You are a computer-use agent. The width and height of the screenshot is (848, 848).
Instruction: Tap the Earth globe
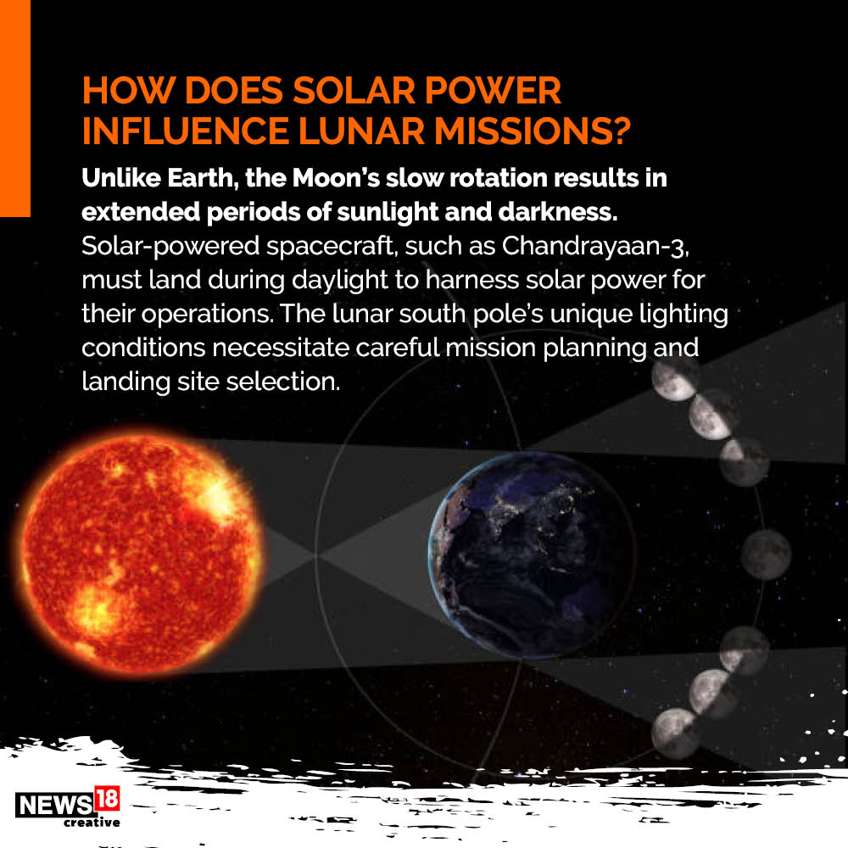point(532,555)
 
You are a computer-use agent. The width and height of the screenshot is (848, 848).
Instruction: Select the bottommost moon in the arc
point(675,733)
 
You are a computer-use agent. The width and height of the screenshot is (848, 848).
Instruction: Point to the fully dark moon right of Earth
point(766,555)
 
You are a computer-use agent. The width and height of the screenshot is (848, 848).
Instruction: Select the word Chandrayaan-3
point(595,247)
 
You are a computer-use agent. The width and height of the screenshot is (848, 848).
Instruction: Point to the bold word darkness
point(558,211)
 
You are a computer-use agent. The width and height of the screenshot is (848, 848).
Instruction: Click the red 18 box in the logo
point(107,799)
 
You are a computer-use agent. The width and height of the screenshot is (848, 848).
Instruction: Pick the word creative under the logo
point(92,822)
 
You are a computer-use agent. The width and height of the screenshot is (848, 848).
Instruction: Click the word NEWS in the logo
point(54,805)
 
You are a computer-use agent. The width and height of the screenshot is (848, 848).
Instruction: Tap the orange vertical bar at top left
point(15,109)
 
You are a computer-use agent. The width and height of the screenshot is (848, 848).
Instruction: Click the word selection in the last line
point(283,382)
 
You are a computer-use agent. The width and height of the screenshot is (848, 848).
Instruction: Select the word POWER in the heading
point(493,90)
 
